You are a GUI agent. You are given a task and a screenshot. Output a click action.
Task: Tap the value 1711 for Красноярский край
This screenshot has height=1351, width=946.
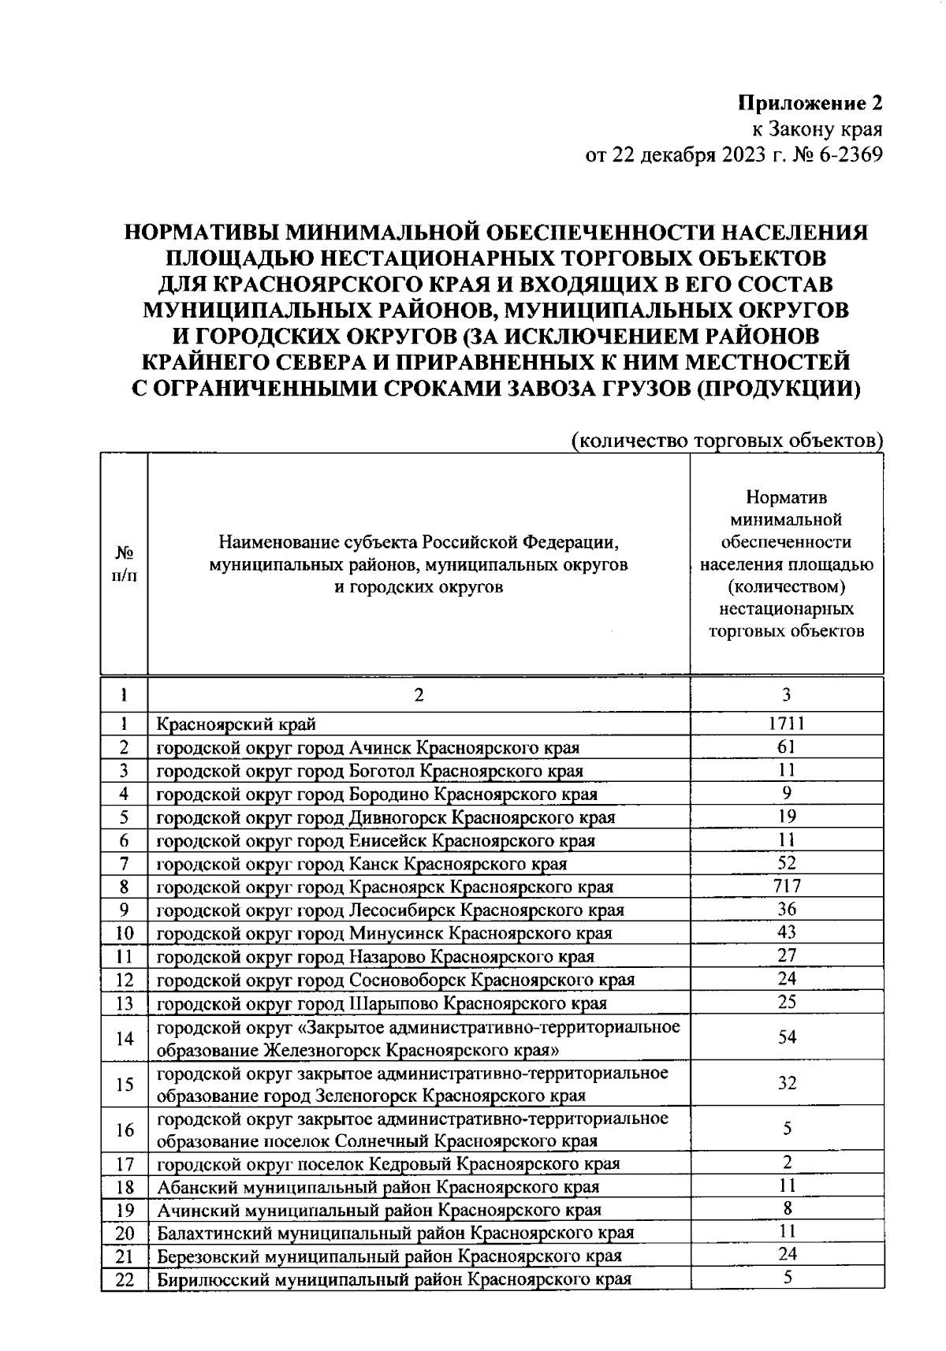tap(786, 723)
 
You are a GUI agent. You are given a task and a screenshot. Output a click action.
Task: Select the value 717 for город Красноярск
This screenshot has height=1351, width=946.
tap(786, 886)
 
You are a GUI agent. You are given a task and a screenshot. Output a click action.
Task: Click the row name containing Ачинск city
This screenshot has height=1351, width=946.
tap(368, 747)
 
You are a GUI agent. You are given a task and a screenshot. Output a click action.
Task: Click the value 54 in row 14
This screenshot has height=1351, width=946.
tap(786, 1037)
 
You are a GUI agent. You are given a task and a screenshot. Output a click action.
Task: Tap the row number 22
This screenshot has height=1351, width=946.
tap(125, 1279)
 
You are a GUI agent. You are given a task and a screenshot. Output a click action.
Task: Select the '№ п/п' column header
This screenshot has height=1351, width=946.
tap(124, 564)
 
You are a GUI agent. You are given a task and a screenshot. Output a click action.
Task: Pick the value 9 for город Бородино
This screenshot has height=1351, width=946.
tap(786, 793)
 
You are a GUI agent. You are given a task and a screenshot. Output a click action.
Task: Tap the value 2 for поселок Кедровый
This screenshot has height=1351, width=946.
tap(786, 1162)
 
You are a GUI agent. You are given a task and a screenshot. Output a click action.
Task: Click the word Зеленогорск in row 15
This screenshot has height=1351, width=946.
tap(366, 1096)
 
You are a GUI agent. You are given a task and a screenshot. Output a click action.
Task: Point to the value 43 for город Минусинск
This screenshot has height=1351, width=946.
tap(786, 932)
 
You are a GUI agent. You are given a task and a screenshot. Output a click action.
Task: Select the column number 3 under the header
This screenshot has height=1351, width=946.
tap(786, 694)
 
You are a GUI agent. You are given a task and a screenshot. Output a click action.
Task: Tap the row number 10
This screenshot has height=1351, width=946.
tap(125, 933)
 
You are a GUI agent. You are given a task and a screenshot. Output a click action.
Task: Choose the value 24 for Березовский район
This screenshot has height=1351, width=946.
tap(786, 1255)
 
